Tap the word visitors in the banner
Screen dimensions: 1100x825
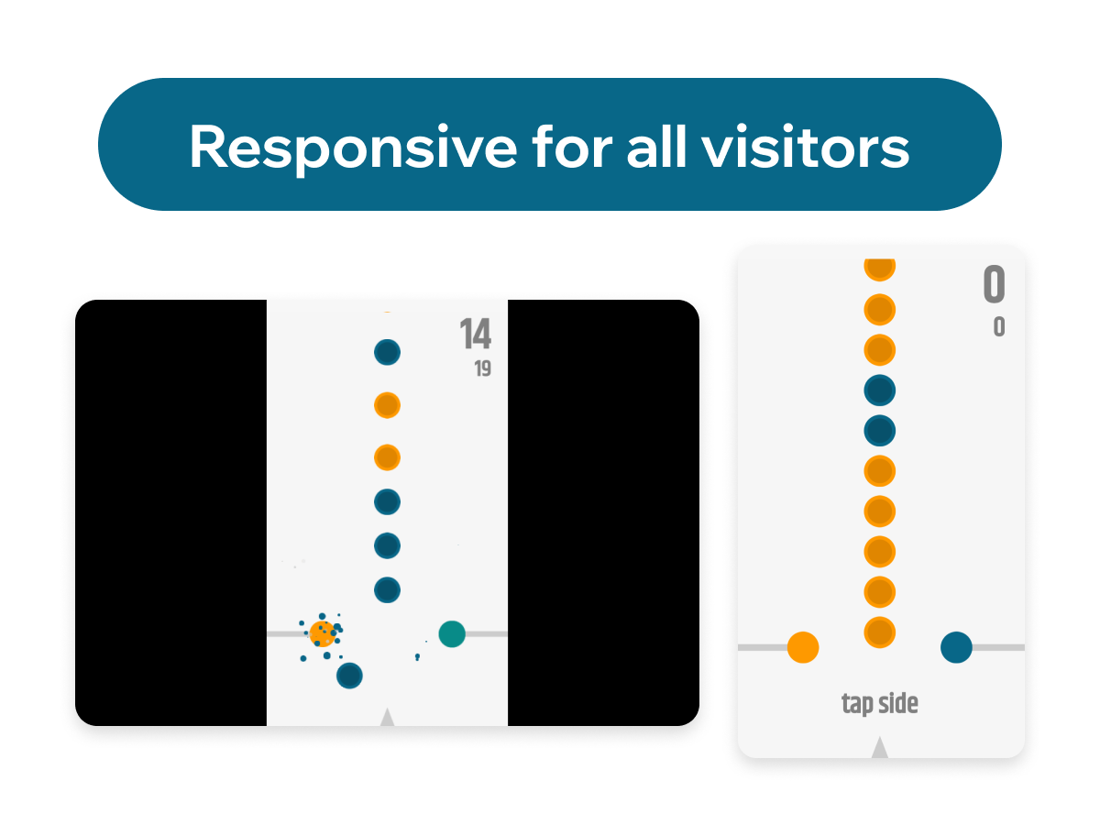[x=806, y=146]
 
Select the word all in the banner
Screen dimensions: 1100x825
[x=656, y=146]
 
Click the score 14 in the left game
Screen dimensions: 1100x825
[x=475, y=334]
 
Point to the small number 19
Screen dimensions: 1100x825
[x=482, y=368]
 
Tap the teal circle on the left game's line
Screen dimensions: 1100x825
[x=452, y=634]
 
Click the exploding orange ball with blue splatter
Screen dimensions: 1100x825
[x=323, y=634]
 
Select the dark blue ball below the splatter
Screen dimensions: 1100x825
[x=349, y=676]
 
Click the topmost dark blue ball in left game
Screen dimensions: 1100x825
[x=387, y=352]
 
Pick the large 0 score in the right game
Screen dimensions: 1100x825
[x=994, y=284]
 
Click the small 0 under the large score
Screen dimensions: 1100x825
[x=999, y=327]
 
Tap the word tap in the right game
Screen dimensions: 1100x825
[x=857, y=704]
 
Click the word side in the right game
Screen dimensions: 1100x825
[x=898, y=703]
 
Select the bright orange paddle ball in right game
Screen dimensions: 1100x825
[x=803, y=647]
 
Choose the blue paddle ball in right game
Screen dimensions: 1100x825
[x=956, y=647]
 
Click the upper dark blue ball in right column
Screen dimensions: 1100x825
[x=879, y=390]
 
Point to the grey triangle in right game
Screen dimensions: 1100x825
[x=879, y=747]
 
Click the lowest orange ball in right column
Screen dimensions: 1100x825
[x=879, y=632]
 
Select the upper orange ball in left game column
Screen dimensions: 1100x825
[x=387, y=405]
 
